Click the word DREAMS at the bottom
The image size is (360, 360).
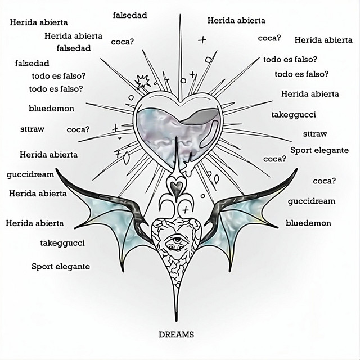(x=176, y=334)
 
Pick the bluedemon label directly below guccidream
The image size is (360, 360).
(x=308, y=223)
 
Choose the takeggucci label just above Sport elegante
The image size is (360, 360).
(x=62, y=243)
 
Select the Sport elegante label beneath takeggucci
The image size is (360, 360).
(x=60, y=266)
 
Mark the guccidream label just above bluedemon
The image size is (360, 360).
(x=311, y=201)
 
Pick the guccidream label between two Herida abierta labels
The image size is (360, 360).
(x=30, y=174)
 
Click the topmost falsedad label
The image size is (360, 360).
(x=130, y=15)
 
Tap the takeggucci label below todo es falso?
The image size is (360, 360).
(x=294, y=114)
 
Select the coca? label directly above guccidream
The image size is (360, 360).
(x=324, y=181)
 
